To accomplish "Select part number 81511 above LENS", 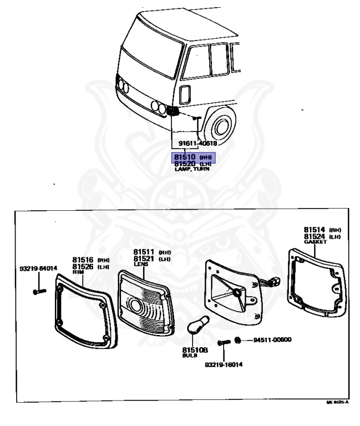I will (x=144, y=252).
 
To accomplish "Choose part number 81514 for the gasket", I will (x=315, y=229).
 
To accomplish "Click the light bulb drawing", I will (x=197, y=328).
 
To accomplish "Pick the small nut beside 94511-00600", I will (x=237, y=339).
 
